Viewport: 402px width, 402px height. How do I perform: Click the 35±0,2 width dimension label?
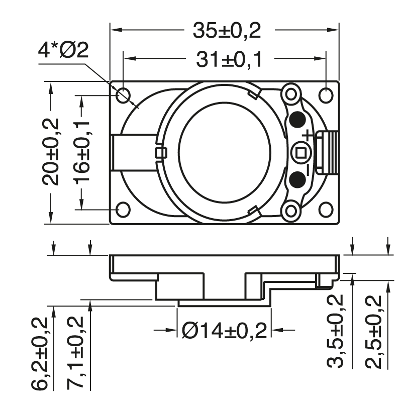click(x=227, y=31)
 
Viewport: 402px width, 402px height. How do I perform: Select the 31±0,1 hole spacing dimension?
click(x=229, y=61)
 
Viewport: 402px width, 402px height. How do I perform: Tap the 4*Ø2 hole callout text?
click(x=63, y=51)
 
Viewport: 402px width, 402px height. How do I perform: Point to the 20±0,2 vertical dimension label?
click(x=51, y=151)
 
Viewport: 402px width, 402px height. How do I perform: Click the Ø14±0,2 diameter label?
click(x=224, y=331)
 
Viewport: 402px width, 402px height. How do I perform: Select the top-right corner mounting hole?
click(x=326, y=95)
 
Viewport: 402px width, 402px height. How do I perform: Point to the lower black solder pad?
click(x=297, y=178)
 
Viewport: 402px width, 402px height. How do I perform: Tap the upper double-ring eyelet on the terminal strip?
click(x=291, y=93)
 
